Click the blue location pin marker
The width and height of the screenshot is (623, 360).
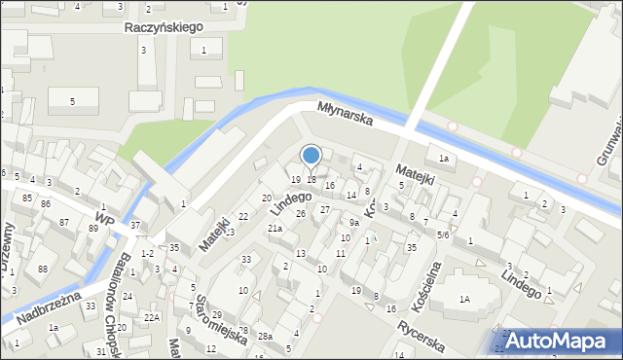[x=311, y=156]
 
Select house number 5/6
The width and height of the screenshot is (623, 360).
[x=443, y=234]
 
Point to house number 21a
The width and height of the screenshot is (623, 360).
[x=275, y=229]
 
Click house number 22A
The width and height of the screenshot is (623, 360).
[x=151, y=318]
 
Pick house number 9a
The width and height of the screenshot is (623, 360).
[x=354, y=222]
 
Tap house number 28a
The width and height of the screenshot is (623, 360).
[x=265, y=336]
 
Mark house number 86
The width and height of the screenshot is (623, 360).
[x=45, y=203]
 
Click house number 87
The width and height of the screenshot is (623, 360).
[x=64, y=223]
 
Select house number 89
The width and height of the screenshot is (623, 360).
[x=93, y=229]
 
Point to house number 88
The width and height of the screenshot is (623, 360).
[x=42, y=270]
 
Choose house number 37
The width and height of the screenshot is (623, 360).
[x=136, y=226]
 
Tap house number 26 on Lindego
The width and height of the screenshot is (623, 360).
[x=301, y=213]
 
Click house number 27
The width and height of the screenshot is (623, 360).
[x=325, y=209]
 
